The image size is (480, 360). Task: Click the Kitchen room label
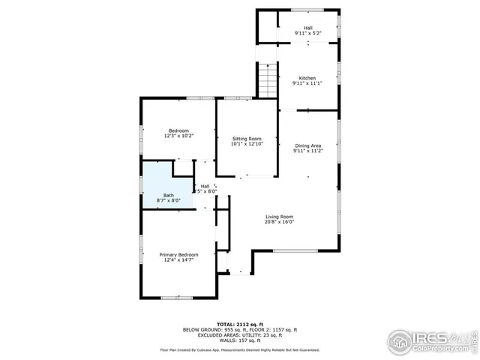(307, 78)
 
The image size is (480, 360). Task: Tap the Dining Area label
(307, 145)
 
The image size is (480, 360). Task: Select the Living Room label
(279, 216)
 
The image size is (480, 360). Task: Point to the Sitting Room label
(247, 139)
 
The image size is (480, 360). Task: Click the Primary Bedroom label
(178, 255)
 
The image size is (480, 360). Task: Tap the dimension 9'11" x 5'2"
(307, 33)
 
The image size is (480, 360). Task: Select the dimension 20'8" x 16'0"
(279, 222)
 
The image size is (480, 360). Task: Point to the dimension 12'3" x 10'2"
(178, 136)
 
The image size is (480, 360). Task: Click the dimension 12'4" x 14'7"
(178, 260)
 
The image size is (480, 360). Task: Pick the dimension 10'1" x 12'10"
(247, 144)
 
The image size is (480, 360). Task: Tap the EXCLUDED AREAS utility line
(239, 334)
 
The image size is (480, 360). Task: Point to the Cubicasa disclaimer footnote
(239, 349)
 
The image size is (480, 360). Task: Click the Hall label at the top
(307, 28)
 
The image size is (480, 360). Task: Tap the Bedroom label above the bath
(178, 130)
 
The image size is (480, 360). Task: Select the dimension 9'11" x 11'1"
(307, 83)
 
